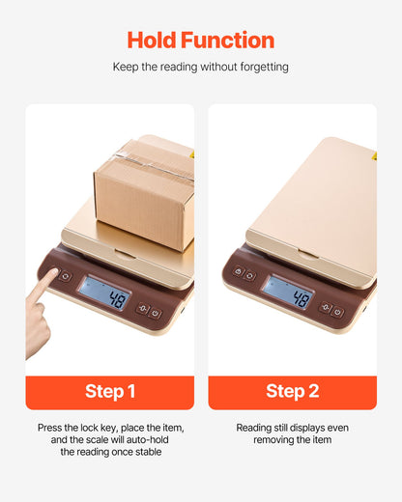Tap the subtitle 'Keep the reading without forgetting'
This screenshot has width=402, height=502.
coord(201,69)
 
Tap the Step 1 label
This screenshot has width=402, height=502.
coord(109,391)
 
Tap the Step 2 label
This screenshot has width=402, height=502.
coord(293,391)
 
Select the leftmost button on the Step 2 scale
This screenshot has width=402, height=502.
coord(238,272)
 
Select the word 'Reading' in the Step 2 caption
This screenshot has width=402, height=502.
coord(256,427)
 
